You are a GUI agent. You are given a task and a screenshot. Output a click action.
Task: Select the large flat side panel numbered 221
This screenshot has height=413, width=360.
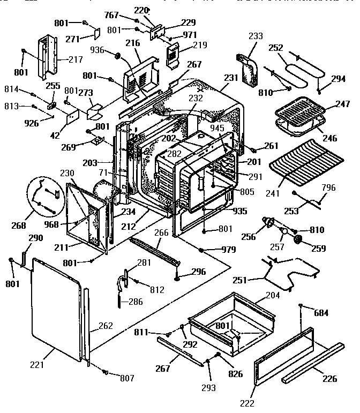click(56, 311)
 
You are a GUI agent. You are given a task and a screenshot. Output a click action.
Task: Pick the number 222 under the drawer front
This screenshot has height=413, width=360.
click(247, 403)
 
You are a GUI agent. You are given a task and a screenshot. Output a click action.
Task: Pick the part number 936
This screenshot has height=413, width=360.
click(97, 50)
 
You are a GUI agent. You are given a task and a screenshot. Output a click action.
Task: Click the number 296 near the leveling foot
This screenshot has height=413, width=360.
click(198, 272)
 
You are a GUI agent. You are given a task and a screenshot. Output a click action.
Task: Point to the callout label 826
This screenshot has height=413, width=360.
click(236, 373)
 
